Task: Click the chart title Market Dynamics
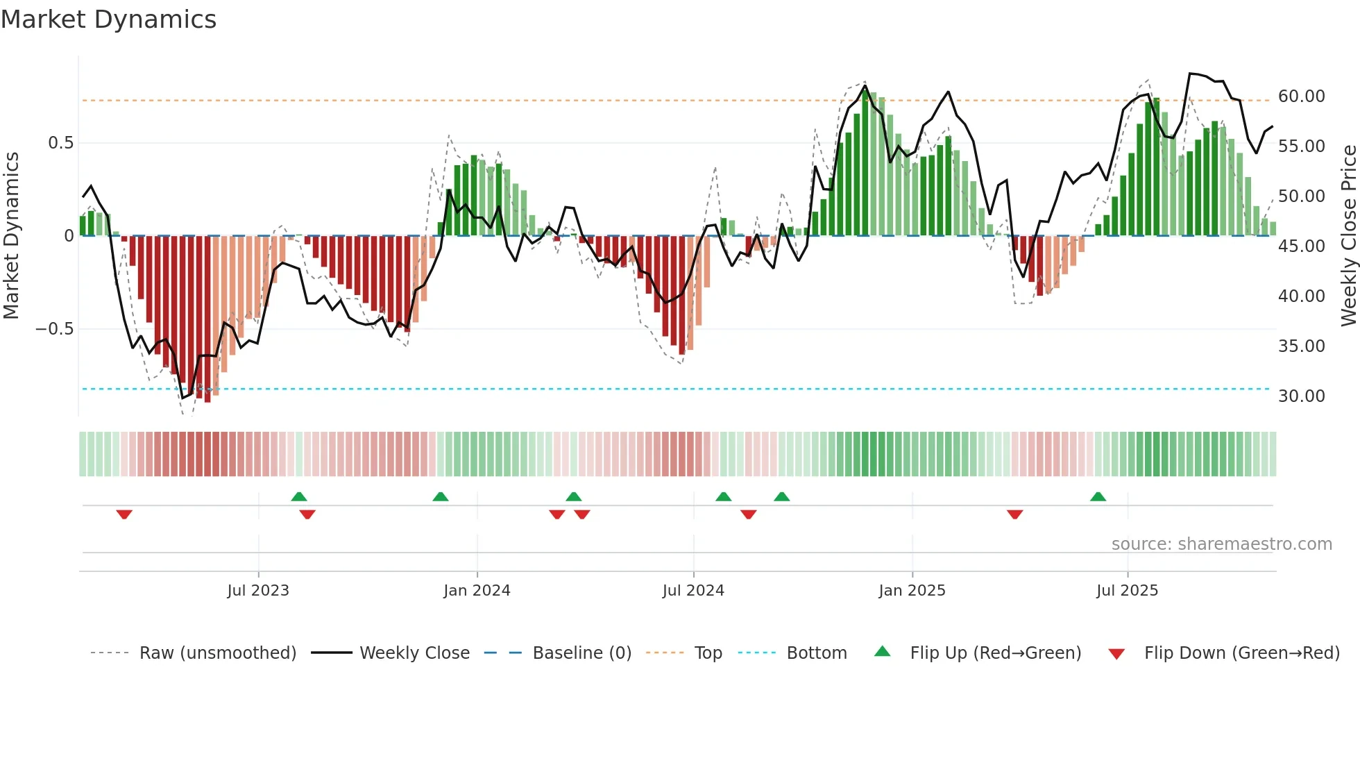pyautogui.click(x=108, y=19)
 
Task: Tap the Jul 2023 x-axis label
pyautogui.click(x=258, y=591)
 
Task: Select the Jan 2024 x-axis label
pyautogui.click(x=477, y=591)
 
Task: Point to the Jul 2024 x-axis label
pyautogui.click(x=693, y=591)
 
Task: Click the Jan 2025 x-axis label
pyautogui.click(x=912, y=591)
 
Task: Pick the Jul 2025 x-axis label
pyautogui.click(x=1128, y=591)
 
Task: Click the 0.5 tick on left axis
pyautogui.click(x=60, y=143)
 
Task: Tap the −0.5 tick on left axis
pyautogui.click(x=55, y=329)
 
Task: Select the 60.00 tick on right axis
pyautogui.click(x=1302, y=96)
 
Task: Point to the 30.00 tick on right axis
pyautogui.click(x=1302, y=396)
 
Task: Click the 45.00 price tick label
pyautogui.click(x=1302, y=246)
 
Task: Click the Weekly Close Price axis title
pyautogui.click(x=1349, y=236)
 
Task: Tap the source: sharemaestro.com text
pyautogui.click(x=1221, y=544)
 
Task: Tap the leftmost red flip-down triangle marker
pyautogui.click(x=124, y=514)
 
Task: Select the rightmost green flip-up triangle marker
pyautogui.click(x=1098, y=497)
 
